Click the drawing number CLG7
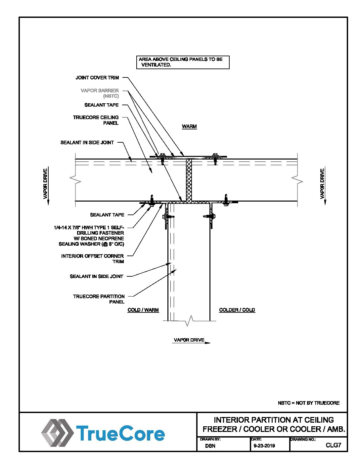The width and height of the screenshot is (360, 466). (x=333, y=445)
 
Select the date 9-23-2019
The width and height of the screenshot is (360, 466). (x=264, y=446)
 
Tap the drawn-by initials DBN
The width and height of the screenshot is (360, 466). (x=210, y=446)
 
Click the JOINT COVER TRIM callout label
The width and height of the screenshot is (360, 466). (x=97, y=78)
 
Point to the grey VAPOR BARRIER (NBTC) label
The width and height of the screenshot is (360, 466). (x=100, y=93)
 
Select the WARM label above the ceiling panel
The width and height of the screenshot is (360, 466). (x=189, y=126)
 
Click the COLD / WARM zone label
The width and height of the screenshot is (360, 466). (x=143, y=310)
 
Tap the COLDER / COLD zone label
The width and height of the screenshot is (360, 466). (x=237, y=310)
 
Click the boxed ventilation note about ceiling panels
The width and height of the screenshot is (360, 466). (x=183, y=62)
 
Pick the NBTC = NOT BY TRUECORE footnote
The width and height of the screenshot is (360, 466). (x=308, y=403)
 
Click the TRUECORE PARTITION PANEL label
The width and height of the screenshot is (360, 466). (x=99, y=299)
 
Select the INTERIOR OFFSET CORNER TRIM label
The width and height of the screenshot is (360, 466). (x=92, y=258)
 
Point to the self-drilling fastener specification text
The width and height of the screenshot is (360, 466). (x=89, y=236)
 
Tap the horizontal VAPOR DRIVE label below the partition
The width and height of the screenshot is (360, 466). (x=189, y=340)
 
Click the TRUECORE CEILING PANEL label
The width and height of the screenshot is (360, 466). (x=96, y=120)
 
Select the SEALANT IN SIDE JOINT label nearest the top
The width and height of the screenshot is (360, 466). (x=87, y=143)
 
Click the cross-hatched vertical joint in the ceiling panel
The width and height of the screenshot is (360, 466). (x=189, y=180)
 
